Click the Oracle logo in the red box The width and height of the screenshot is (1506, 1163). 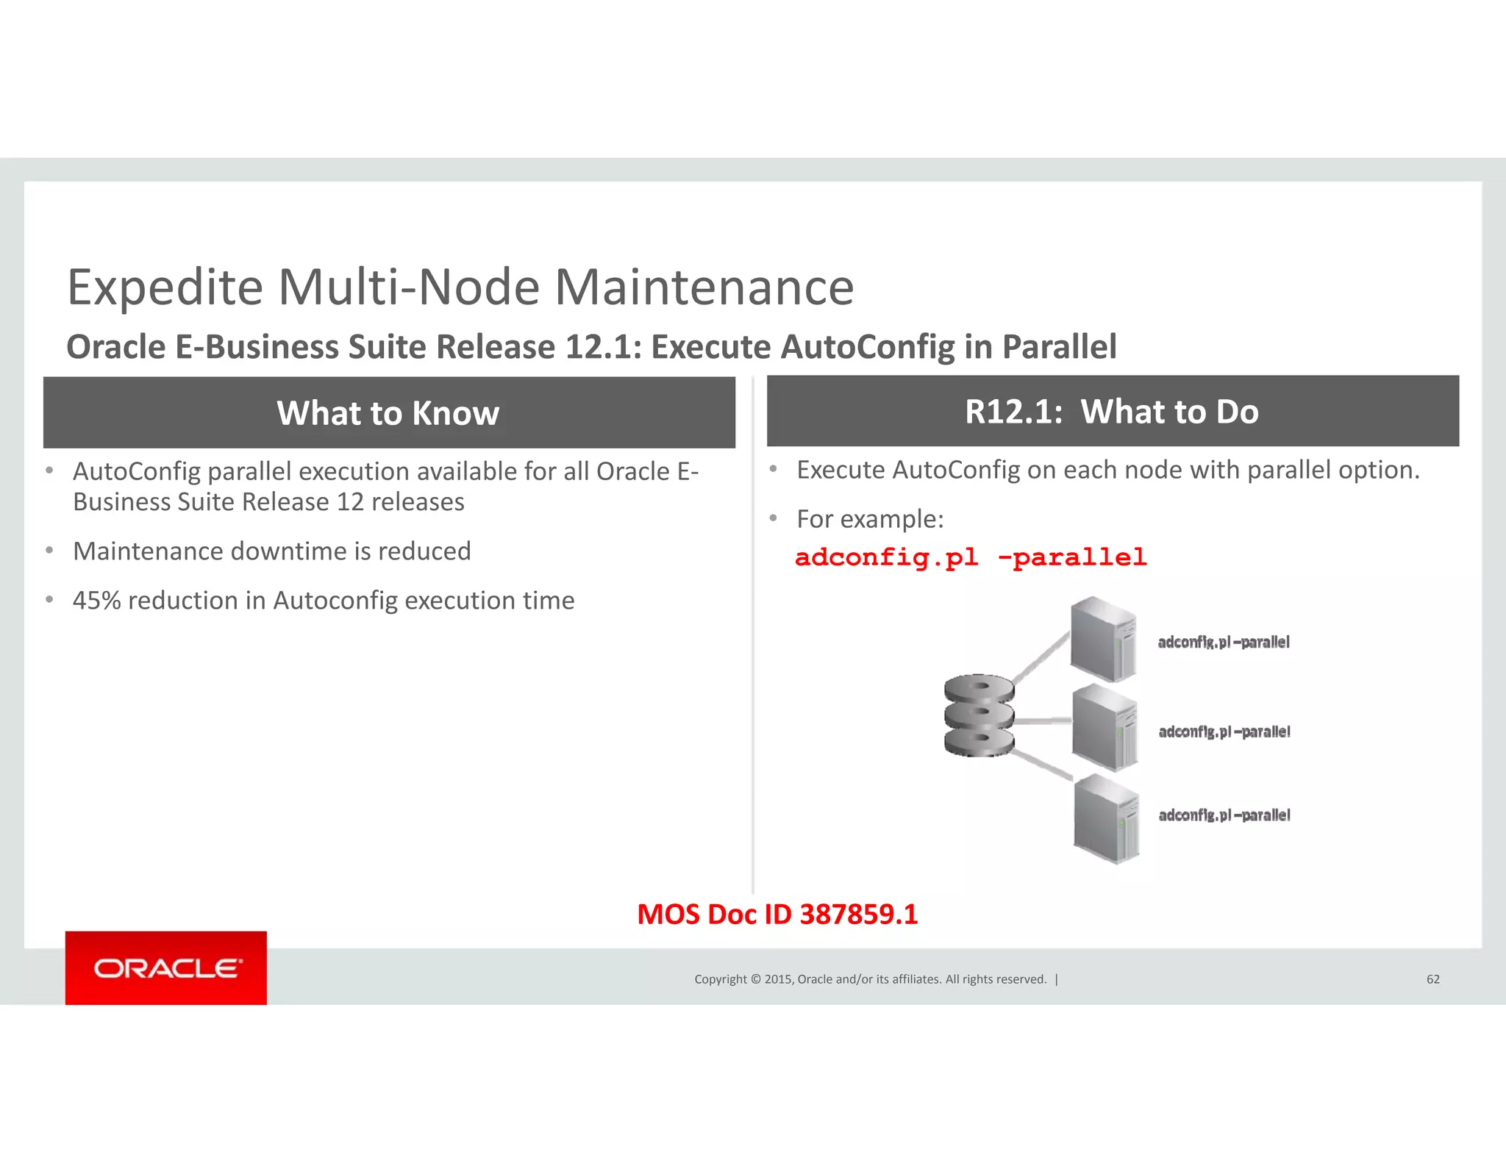pyautogui.click(x=166, y=968)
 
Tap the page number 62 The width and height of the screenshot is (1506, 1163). pyautogui.click(x=1432, y=979)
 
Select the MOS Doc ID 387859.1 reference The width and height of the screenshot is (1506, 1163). pyautogui.click(x=777, y=915)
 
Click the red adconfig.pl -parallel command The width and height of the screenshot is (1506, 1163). pyautogui.click(x=971, y=557)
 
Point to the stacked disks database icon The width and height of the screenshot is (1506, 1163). pyautogui.click(x=979, y=715)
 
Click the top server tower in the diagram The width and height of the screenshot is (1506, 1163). pyautogui.click(x=1103, y=639)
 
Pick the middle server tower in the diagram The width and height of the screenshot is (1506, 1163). pyautogui.click(x=1104, y=727)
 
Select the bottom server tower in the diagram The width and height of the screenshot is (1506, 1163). pyautogui.click(x=1106, y=818)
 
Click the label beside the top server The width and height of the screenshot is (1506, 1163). pyautogui.click(x=1224, y=643)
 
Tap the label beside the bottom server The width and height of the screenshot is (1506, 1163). pyautogui.click(x=1224, y=815)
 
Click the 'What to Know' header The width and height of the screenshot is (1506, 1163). pyautogui.click(x=388, y=413)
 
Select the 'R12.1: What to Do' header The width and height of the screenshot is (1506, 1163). pyautogui.click(x=1112, y=412)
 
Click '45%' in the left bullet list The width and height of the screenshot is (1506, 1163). pyautogui.click(x=96, y=601)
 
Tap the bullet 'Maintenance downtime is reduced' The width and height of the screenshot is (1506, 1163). pyautogui.click(x=271, y=551)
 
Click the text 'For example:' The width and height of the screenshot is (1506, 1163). pyautogui.click(x=870, y=519)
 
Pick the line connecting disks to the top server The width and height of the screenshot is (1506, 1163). pyautogui.click(x=1041, y=657)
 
